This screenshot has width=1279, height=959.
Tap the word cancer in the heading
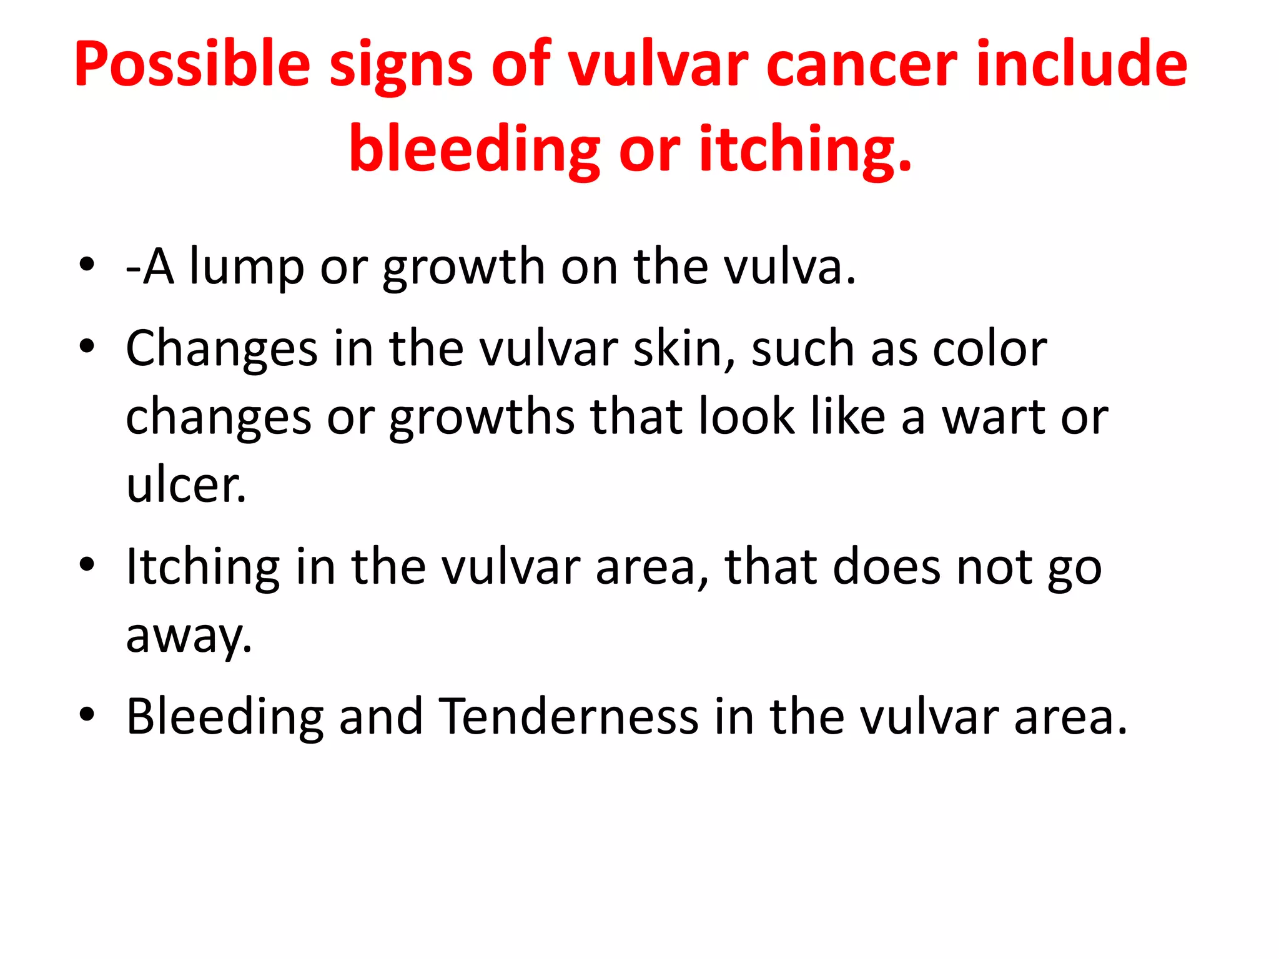pos(861,65)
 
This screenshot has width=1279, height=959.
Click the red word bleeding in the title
pos(475,150)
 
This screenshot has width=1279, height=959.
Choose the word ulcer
pos(185,485)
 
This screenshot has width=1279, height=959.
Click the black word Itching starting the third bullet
pos(203,567)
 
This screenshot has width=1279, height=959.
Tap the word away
pos(189,636)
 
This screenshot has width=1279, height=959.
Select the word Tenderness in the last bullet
pos(568,716)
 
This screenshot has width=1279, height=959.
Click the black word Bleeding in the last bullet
pos(225,716)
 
